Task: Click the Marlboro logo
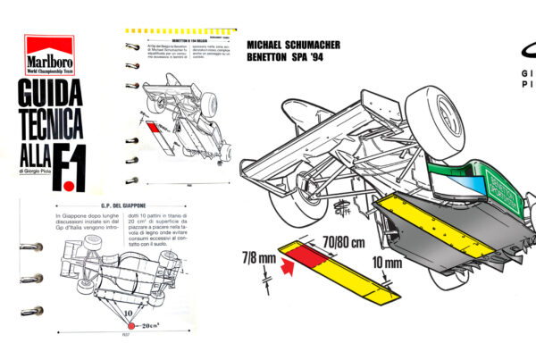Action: pyautogui.click(x=49, y=55)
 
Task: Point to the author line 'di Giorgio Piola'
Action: pyautogui.click(x=27, y=170)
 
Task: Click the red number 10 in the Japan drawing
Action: pyautogui.click(x=130, y=314)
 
